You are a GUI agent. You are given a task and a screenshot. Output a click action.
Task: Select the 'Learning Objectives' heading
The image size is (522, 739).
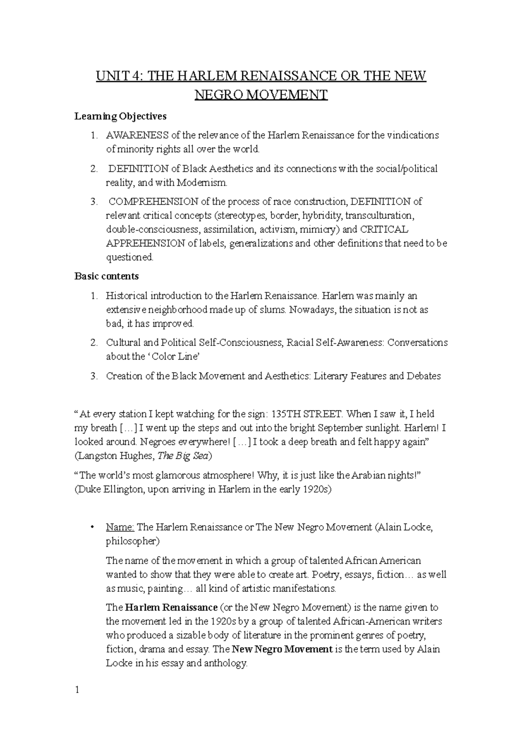(x=120, y=116)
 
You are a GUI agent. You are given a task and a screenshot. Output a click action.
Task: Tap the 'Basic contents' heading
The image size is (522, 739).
(x=107, y=276)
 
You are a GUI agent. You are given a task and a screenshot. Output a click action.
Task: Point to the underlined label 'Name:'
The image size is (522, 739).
(x=120, y=527)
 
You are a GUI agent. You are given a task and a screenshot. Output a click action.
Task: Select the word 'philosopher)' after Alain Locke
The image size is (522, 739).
(x=133, y=541)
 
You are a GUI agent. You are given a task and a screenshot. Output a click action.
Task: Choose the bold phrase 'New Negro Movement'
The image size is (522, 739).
(x=282, y=649)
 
